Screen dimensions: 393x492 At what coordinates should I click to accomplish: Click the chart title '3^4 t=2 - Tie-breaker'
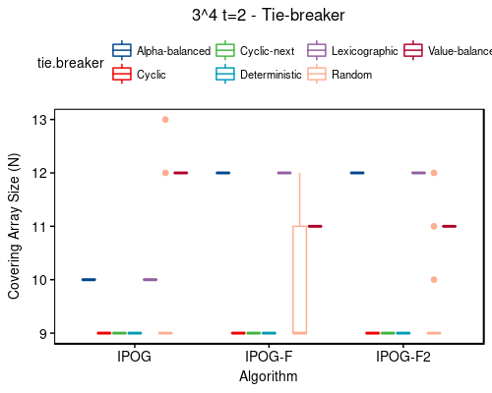[x=269, y=16]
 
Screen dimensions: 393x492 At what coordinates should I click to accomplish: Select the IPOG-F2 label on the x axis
[x=402, y=357]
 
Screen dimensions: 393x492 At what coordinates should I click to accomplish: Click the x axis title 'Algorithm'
[x=269, y=375]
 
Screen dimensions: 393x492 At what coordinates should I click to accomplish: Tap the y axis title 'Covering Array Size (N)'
[x=15, y=227]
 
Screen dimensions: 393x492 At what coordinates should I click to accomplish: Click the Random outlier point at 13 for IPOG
[x=165, y=120]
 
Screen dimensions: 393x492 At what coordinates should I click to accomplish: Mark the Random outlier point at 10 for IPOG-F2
[x=433, y=280]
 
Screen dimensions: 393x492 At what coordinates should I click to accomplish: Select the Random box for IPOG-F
[x=299, y=280]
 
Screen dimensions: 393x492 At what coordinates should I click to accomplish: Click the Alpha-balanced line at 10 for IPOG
[x=89, y=280]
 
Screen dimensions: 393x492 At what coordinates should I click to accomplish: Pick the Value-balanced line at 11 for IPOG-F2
[x=449, y=226]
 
